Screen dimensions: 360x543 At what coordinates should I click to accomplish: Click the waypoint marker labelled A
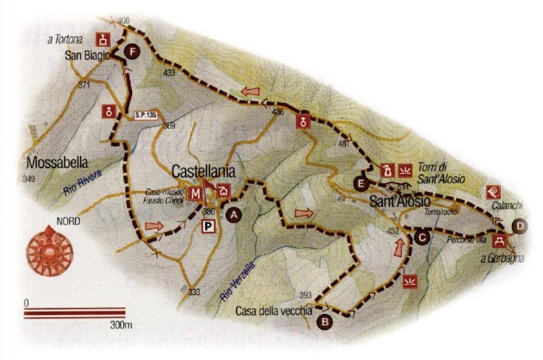point(235,215)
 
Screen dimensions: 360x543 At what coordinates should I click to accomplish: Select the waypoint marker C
point(421,238)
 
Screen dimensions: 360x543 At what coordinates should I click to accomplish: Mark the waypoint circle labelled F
point(132,52)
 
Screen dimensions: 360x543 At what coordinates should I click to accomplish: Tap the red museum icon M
point(196,194)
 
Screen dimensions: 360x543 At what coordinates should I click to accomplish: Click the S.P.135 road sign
point(148,114)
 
